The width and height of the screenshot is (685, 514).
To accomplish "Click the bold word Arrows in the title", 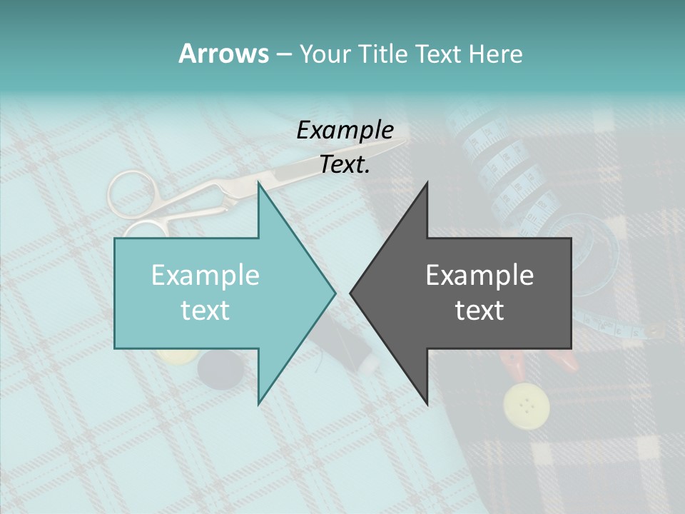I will coord(223,54).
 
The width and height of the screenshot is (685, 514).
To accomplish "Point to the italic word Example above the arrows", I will coord(345,130).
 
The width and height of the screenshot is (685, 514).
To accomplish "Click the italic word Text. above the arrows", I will coord(345,165).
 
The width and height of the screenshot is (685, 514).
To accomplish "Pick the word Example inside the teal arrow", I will coord(205,275).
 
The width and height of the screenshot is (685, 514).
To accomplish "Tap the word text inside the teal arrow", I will coord(205,310).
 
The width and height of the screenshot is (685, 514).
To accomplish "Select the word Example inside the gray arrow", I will coord(479,275).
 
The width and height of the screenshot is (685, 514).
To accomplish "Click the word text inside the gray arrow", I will coord(479,310).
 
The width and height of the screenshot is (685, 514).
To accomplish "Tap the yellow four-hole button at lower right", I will coord(527,405).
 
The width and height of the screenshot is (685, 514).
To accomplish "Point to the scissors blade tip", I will coord(404,142).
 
